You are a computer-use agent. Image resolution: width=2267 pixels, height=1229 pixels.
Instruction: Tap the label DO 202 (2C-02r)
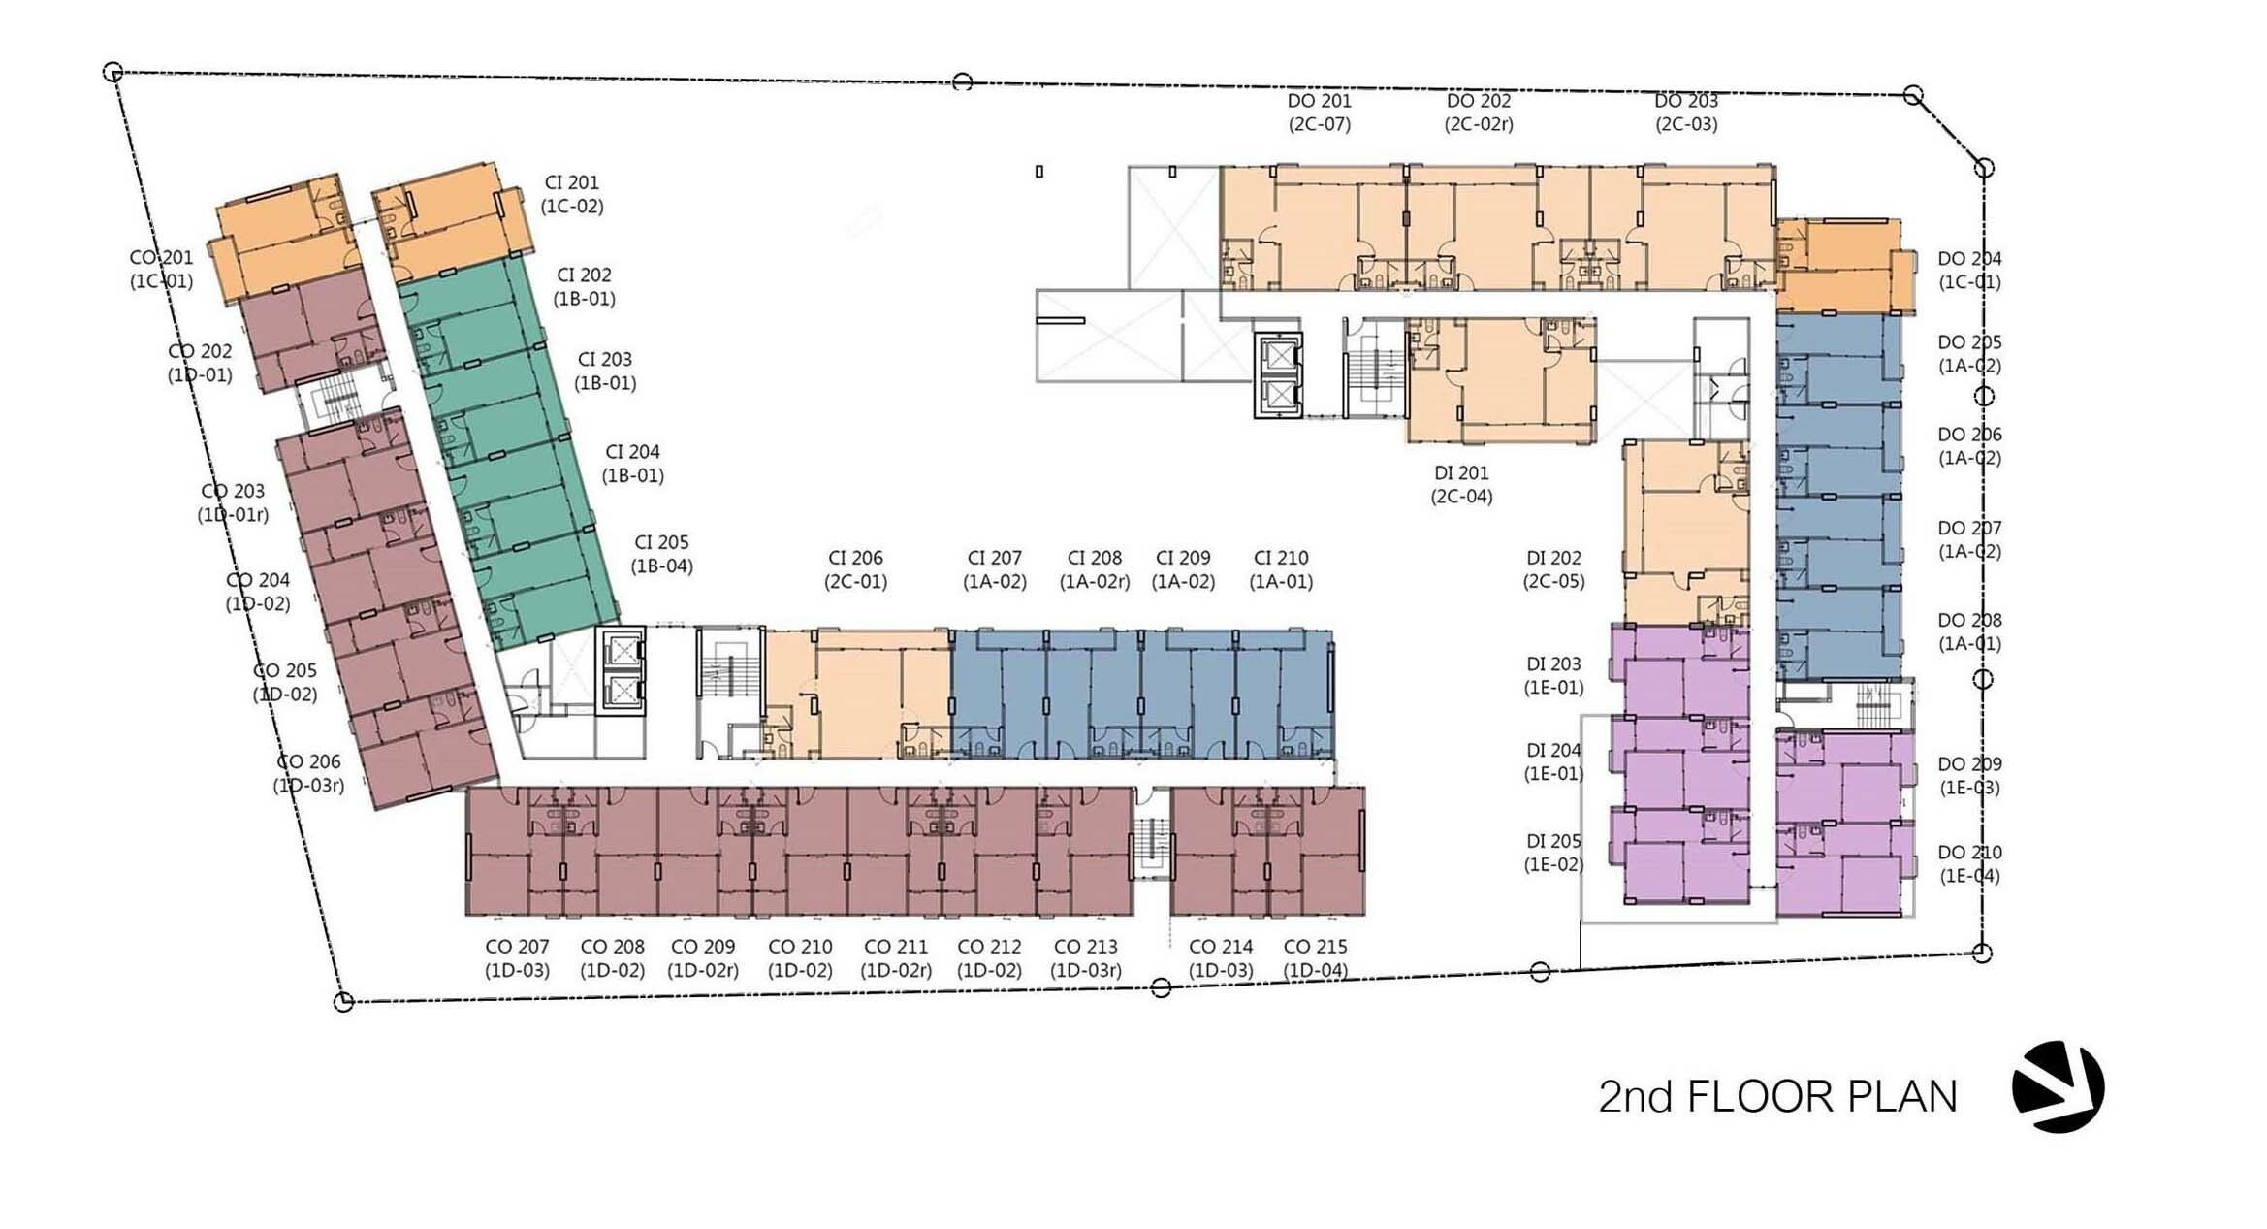coord(1479,113)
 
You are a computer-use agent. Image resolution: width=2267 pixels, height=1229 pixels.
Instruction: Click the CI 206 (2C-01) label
coord(856,569)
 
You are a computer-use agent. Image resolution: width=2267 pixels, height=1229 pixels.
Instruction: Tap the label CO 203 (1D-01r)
coord(233,502)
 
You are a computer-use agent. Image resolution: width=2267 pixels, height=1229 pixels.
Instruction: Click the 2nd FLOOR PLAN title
coord(1777,1096)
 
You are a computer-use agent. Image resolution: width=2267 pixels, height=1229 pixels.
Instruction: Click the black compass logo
coord(2058,1087)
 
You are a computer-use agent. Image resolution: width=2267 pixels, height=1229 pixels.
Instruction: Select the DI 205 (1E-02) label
coord(1554,853)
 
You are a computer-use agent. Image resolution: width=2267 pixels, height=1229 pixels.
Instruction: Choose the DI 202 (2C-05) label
coord(1554,569)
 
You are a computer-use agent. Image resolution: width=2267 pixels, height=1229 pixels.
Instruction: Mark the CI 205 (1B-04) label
coord(662,554)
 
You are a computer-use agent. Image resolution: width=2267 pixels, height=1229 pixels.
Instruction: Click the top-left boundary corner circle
coord(112,72)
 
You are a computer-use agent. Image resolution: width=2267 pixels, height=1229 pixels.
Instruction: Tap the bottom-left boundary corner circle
coord(343,1002)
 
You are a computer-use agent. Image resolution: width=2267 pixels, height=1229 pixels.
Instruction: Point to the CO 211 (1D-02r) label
coord(896,958)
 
